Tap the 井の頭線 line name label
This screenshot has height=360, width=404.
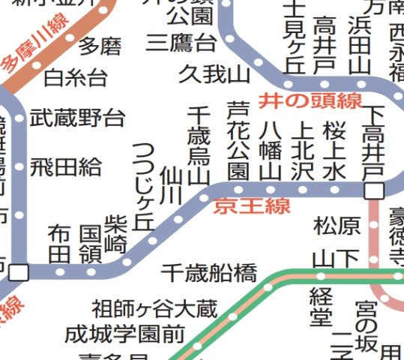click(310, 100)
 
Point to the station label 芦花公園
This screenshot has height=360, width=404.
click(238, 140)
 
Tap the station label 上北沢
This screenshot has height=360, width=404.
click(303, 150)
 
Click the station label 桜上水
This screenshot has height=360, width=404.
click(335, 150)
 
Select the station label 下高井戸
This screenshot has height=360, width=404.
click(373, 143)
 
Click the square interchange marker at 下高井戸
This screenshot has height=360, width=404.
click(373, 191)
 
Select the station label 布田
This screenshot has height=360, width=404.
click(59, 244)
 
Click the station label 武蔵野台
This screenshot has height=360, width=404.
click(77, 117)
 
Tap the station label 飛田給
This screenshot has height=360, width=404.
click(67, 166)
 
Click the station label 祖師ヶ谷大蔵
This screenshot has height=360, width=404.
click(154, 308)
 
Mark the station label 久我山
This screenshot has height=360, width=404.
click(214, 74)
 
